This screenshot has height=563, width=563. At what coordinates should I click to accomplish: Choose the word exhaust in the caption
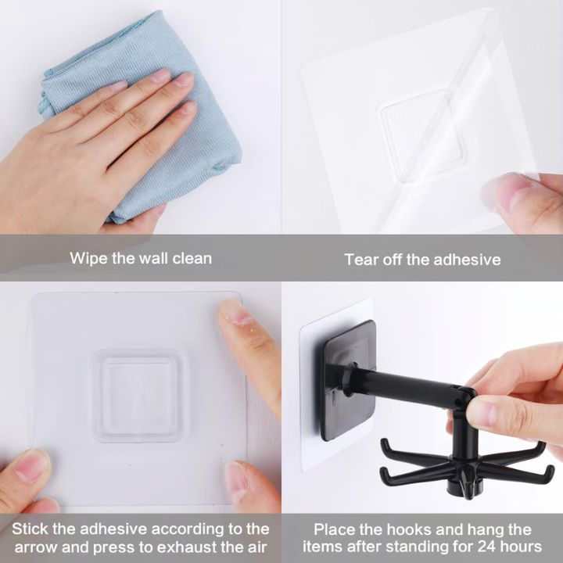[x=187, y=547]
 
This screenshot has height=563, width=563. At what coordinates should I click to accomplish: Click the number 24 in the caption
[x=488, y=547]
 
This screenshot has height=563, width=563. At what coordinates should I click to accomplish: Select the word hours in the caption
[x=522, y=547]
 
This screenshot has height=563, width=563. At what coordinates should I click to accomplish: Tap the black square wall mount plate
[x=347, y=381]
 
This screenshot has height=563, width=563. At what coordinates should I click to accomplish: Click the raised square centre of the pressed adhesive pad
[x=135, y=395]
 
